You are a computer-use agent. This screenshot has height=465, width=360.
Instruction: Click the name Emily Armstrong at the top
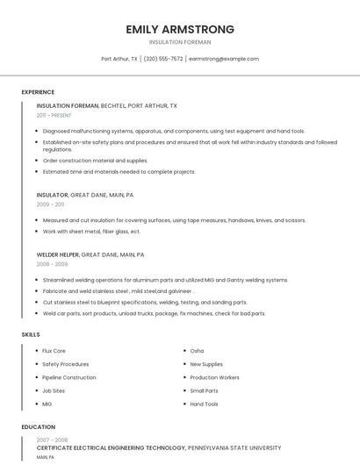180,29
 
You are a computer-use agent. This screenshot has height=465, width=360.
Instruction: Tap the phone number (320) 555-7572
163,59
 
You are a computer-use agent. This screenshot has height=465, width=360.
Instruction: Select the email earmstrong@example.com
224,59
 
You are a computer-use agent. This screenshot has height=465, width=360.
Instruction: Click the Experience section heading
38,92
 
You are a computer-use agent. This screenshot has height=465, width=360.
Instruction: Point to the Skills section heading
31,334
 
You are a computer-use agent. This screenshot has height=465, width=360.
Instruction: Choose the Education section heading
39,427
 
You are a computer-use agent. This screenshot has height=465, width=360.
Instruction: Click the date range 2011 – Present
54,115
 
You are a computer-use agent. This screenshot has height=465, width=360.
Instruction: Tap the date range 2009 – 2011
50,204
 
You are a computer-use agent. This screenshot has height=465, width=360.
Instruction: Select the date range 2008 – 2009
52,263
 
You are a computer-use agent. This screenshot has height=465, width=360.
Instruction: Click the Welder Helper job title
58,254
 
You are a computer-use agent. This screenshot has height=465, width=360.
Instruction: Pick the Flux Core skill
54,351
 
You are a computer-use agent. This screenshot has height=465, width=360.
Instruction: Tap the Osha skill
197,351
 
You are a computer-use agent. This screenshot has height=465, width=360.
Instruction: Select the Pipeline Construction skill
69,377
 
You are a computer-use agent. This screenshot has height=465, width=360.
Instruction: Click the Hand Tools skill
204,404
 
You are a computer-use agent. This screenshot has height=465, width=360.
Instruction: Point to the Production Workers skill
214,377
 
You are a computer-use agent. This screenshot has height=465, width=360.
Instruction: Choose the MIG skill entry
47,404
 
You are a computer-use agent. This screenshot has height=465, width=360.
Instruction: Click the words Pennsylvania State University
234,447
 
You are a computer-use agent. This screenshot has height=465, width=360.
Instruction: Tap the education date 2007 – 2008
52,440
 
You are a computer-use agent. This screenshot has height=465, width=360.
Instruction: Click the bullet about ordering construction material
96,161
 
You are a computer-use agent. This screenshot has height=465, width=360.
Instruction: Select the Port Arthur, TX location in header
119,59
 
